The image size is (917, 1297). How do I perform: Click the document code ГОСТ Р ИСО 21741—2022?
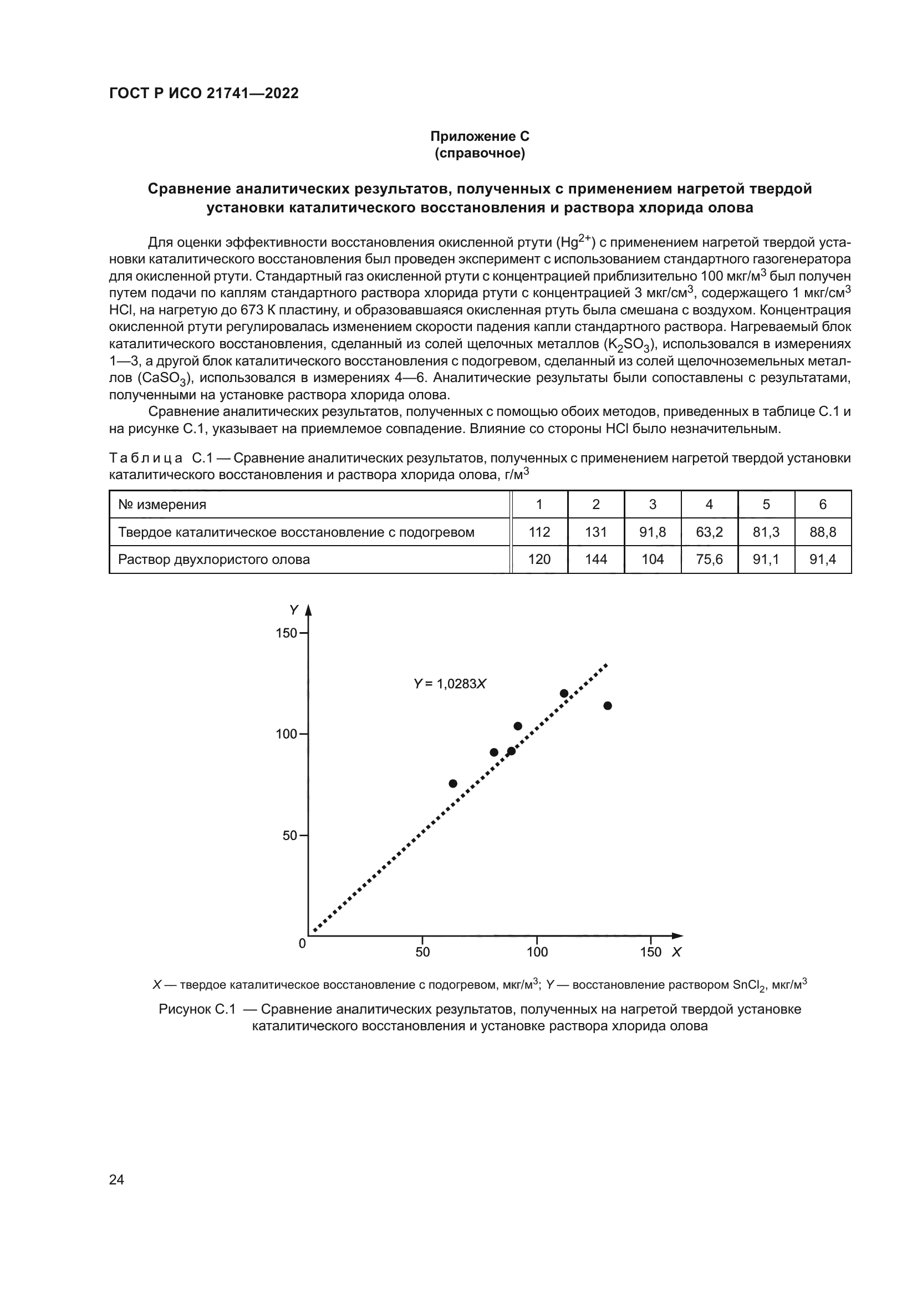coord(203,93)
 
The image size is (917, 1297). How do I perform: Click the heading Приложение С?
coord(480,136)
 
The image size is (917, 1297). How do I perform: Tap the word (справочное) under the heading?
coord(480,154)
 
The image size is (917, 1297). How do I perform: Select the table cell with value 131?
coord(595,532)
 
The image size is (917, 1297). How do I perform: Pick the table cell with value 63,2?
coord(709,532)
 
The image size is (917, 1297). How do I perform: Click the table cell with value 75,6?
coord(709,560)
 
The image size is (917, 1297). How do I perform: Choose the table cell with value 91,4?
coord(823,560)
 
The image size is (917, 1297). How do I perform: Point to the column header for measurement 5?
coord(766,505)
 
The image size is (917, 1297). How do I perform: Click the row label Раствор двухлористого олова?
coord(214,560)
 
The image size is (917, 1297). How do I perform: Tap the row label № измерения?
coord(162,505)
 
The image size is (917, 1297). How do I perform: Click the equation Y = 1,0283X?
coord(450,684)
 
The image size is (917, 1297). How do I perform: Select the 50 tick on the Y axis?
coord(289,835)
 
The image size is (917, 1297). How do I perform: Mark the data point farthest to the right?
coord(608,705)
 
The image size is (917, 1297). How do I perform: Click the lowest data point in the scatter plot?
coord(453,784)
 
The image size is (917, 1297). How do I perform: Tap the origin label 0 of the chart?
coord(302,943)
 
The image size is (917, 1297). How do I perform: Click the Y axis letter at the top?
coord(294,610)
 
